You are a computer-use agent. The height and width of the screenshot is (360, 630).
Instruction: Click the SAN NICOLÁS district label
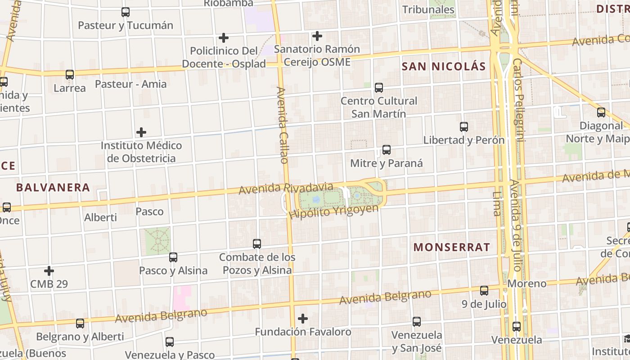(443, 67)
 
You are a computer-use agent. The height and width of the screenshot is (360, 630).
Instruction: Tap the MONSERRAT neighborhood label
(451, 247)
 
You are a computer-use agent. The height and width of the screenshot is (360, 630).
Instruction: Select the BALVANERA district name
(53, 187)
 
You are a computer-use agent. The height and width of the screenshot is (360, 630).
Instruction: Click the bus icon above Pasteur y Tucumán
(126, 12)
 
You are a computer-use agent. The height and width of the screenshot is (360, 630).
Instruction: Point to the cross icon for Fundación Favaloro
(303, 319)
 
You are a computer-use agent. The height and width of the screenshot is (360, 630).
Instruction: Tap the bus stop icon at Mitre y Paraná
(386, 150)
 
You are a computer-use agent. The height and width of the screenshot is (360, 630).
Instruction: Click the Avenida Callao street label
(282, 125)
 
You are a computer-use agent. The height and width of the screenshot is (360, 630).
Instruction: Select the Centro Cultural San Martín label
(378, 107)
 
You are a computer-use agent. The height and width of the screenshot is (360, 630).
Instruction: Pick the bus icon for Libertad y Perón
(464, 127)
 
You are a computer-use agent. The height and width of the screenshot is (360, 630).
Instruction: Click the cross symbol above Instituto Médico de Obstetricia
(141, 132)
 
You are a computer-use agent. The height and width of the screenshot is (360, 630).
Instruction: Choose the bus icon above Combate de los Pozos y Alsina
(257, 244)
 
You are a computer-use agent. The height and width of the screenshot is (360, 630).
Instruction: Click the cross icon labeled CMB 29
(49, 271)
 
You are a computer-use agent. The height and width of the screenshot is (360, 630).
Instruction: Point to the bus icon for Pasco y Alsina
(173, 257)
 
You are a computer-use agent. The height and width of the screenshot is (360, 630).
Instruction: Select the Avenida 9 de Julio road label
(516, 225)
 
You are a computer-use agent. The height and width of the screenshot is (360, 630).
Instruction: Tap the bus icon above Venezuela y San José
(417, 322)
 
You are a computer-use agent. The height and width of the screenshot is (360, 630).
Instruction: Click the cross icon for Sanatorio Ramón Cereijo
(317, 36)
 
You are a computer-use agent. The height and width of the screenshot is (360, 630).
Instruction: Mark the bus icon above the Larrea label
(70, 75)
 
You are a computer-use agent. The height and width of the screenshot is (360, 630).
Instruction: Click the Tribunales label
(428, 9)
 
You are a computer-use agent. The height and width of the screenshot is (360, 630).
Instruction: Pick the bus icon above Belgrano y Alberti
(80, 324)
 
